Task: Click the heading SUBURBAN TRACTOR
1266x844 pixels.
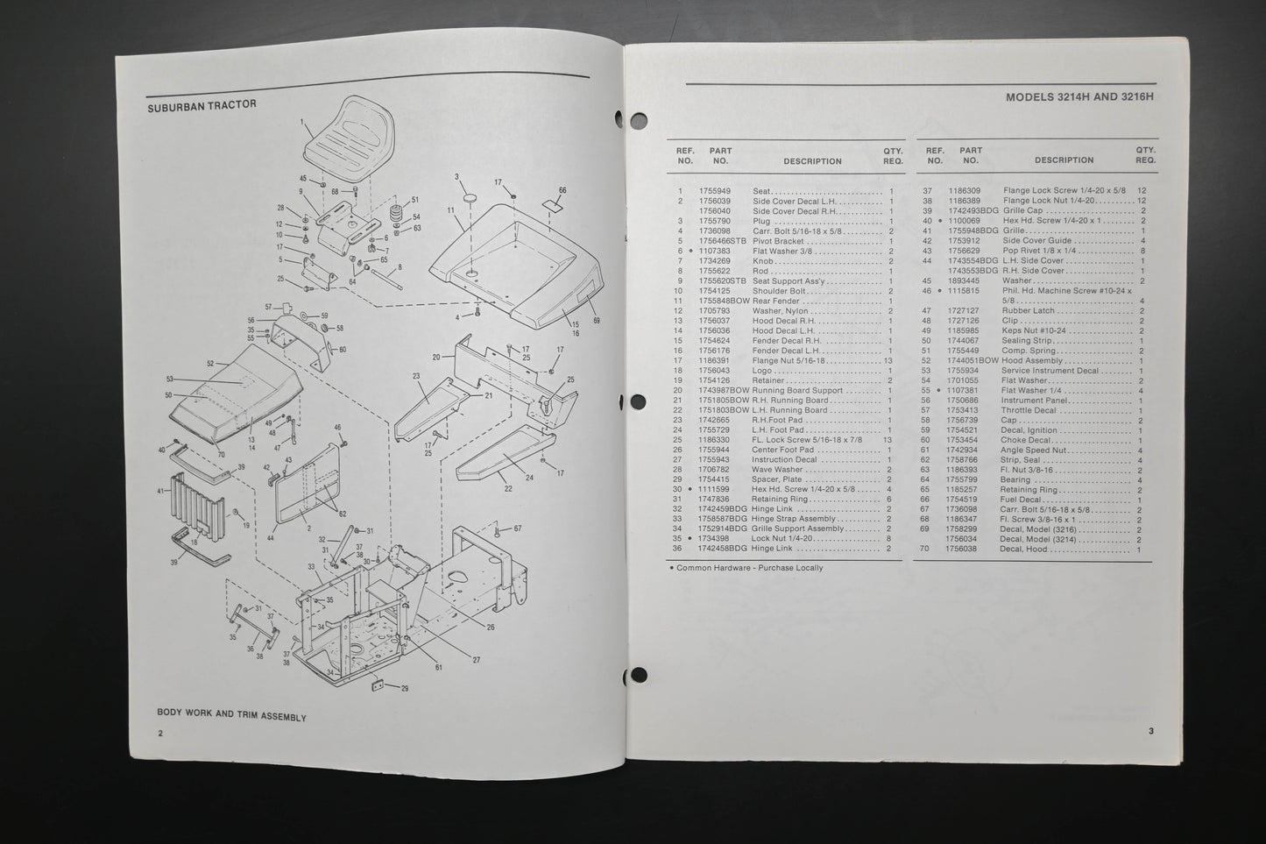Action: coord(202,104)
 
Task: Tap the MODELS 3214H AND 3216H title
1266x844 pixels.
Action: coord(1079,97)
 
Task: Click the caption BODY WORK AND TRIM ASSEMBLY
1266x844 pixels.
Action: coord(231,716)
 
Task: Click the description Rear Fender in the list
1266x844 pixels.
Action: coord(776,301)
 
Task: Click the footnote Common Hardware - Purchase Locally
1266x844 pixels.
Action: coord(746,568)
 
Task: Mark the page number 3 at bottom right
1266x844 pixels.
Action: coord(1151,731)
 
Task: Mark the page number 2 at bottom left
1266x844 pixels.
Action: coord(161,733)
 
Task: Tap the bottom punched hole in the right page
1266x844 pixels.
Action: coord(639,676)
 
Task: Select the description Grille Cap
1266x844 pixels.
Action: coord(1022,211)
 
